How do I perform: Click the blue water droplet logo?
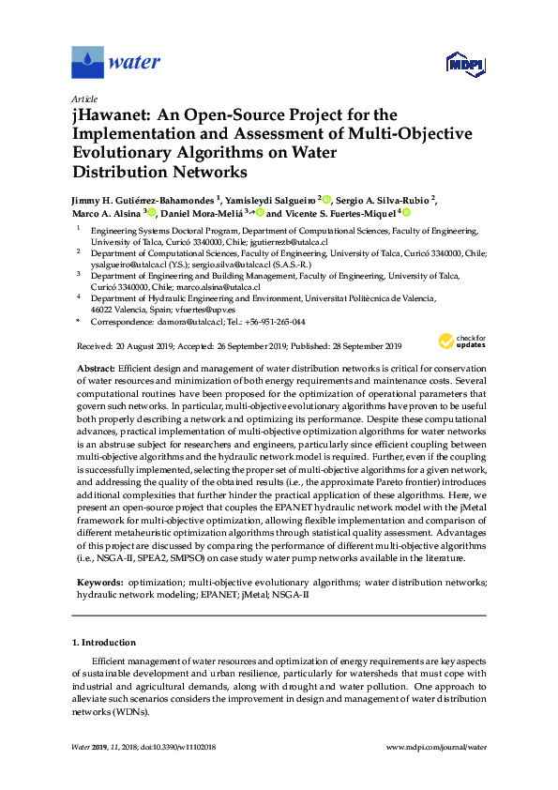[87, 62]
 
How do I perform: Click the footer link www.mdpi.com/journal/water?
[437, 747]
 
